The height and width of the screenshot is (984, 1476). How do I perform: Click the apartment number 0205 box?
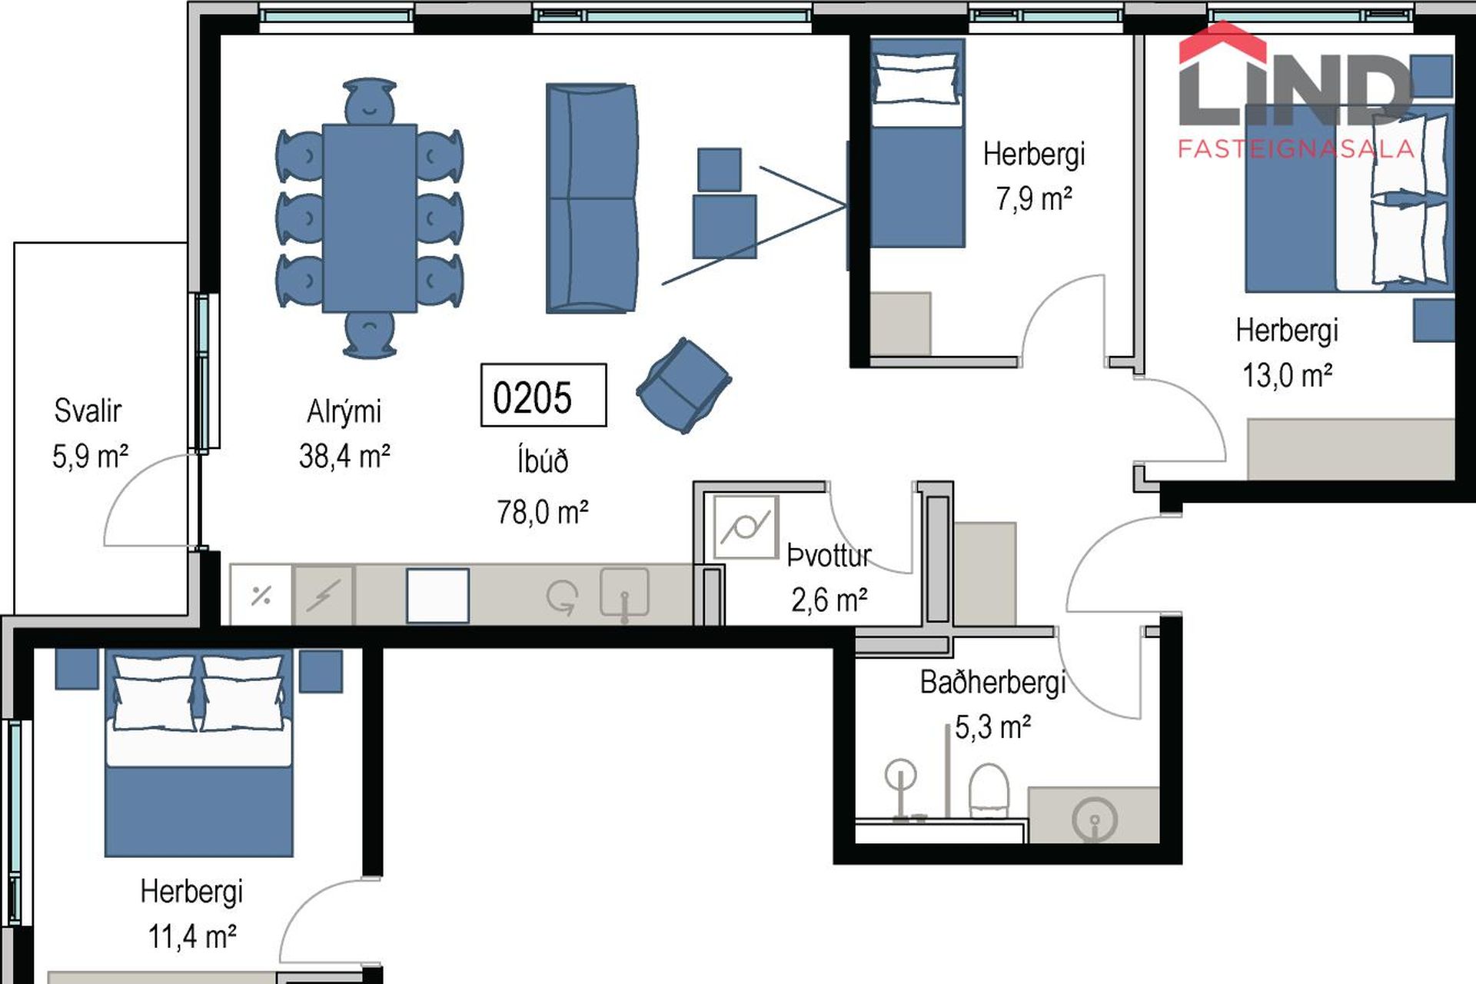[544, 395]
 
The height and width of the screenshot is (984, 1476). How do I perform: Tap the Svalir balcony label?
[88, 411]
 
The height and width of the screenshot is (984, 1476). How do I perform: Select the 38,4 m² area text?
[344, 457]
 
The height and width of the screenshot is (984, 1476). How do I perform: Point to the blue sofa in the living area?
[592, 198]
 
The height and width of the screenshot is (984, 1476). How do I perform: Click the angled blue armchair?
[683, 385]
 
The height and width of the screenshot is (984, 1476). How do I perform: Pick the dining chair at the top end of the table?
[370, 101]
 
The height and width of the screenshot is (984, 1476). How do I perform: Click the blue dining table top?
[370, 218]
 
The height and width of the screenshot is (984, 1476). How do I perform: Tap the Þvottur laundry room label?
[829, 555]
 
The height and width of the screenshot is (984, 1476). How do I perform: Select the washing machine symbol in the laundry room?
[746, 527]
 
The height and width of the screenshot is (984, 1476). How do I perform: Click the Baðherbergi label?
[992, 682]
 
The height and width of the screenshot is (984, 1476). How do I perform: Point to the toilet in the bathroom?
[989, 790]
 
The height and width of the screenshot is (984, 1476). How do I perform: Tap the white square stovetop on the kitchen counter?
[437, 596]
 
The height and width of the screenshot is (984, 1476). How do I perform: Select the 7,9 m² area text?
[1034, 199]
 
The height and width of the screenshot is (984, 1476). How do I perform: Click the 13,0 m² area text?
[1287, 375]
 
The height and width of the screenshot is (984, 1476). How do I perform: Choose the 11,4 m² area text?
[192, 936]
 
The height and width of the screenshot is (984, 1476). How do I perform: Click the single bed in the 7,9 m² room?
[916, 144]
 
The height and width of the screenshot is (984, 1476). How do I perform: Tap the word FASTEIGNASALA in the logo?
[1296, 148]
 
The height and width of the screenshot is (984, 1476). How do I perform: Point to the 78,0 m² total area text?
[543, 512]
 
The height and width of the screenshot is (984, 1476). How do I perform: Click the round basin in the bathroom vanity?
[1094, 819]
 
